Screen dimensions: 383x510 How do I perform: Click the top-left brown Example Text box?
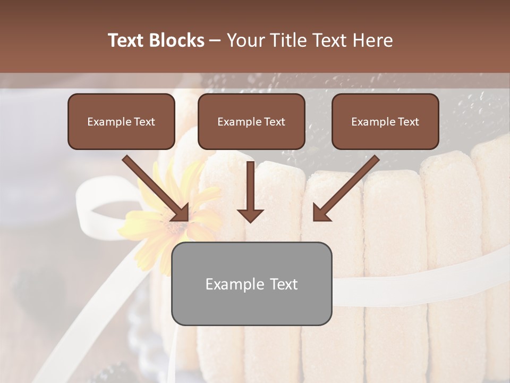pyautogui.click(x=121, y=121)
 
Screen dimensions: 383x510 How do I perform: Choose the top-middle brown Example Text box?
pyautogui.click(x=251, y=121)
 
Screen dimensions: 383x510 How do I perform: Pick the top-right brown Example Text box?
pyautogui.click(x=385, y=121)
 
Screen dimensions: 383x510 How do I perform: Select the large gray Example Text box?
pyautogui.click(x=251, y=284)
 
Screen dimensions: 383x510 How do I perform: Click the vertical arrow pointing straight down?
pyautogui.click(x=250, y=191)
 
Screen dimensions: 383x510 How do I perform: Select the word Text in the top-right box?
pyautogui.click(x=407, y=121)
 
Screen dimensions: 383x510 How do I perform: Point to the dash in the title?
pyautogui.click(x=215, y=40)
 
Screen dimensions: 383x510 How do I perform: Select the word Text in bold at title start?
pyautogui.click(x=126, y=40)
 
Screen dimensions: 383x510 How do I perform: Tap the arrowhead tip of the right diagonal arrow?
pyautogui.click(x=315, y=219)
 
